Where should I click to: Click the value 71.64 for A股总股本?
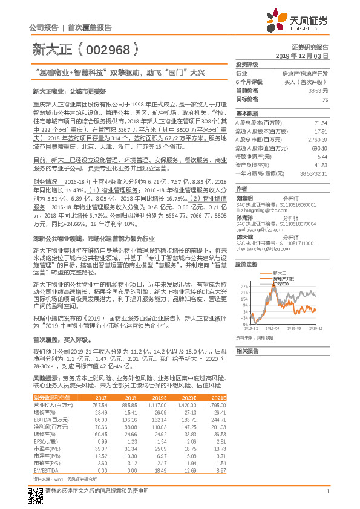tap(320, 122)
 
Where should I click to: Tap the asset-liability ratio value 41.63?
tap(320, 164)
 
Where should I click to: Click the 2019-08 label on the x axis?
tap(295, 327)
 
